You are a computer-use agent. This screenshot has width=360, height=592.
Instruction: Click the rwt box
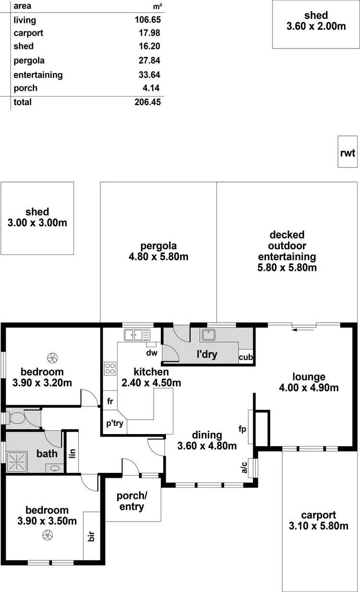[x=348, y=152]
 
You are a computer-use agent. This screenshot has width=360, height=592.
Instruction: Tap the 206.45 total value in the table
[x=147, y=102]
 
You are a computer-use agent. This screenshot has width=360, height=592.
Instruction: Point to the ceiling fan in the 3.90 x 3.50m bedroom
[x=47, y=535]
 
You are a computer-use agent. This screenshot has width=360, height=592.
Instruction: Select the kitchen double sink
[x=137, y=334]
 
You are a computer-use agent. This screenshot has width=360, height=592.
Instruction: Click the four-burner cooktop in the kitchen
[x=110, y=369]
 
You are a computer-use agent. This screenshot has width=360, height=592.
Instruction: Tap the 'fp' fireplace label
[x=243, y=428]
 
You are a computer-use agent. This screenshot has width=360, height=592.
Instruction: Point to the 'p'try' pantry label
[x=115, y=424]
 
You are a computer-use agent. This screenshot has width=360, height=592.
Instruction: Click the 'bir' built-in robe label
[x=91, y=536]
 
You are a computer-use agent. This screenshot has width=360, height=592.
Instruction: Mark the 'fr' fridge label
[x=110, y=401]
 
